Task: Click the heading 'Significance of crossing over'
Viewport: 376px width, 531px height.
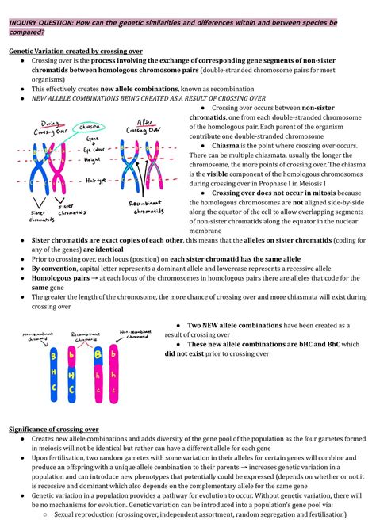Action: point(53,429)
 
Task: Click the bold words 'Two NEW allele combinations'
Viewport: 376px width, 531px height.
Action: point(238,326)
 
